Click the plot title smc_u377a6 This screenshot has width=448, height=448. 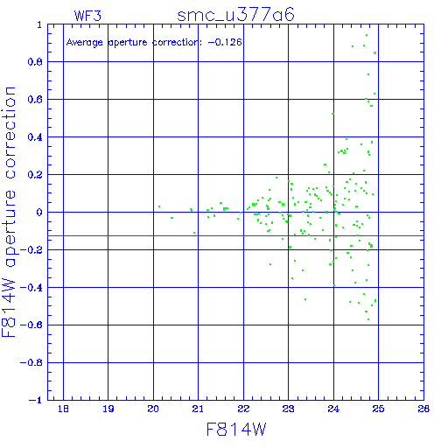(235, 15)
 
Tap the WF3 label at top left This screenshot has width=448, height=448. (87, 16)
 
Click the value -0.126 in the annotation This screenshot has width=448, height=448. (225, 42)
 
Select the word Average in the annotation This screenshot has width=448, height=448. (84, 43)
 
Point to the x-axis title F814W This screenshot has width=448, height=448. (236, 430)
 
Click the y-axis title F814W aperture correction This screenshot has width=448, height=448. (9, 212)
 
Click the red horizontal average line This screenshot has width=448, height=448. (235, 235)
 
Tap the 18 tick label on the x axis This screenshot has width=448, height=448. (63, 409)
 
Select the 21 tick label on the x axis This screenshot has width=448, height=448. (198, 409)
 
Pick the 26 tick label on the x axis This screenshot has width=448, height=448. (423, 409)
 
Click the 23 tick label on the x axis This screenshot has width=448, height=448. (288, 409)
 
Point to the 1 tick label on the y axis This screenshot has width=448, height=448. (39, 24)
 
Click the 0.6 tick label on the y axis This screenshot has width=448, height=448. (35, 100)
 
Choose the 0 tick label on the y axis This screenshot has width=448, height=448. (39, 213)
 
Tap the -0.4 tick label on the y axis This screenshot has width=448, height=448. (31, 288)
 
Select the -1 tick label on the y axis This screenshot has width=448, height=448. (36, 400)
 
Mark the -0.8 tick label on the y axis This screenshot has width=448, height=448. (31, 362)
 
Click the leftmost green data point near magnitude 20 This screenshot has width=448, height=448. (159, 206)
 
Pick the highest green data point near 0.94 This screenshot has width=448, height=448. (367, 35)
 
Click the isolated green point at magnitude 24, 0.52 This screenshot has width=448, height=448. (332, 114)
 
